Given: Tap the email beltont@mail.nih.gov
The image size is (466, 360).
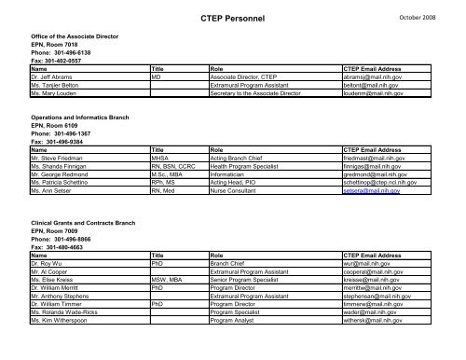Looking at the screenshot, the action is point(374,87).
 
